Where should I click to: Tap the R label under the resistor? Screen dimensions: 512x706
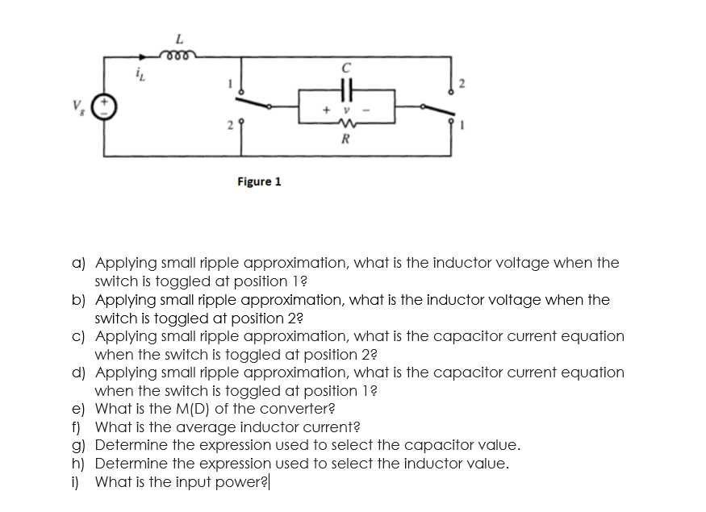pyautogui.click(x=345, y=139)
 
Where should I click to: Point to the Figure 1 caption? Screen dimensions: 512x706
pyautogui.click(x=259, y=181)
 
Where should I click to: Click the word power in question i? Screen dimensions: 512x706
pyautogui.click(x=248, y=482)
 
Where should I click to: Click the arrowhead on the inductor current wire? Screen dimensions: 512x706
pyautogui.click(x=144, y=56)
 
